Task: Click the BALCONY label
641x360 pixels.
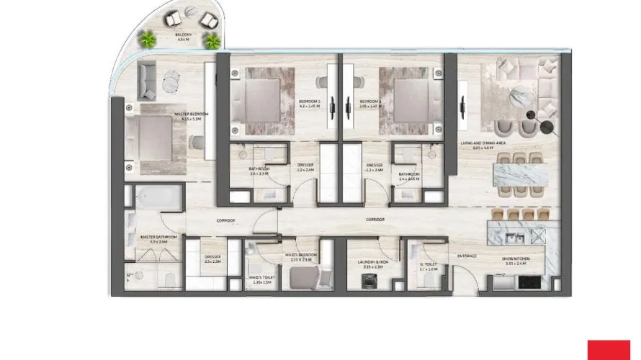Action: pos(183,35)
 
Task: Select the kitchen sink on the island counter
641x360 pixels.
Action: pos(516,236)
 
